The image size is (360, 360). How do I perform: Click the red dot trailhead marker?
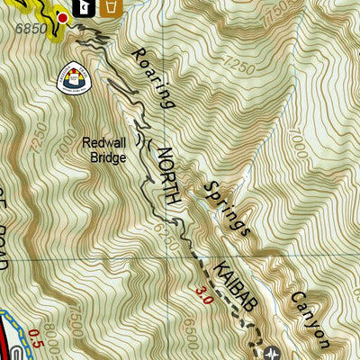click(x=63, y=17)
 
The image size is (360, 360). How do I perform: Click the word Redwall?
click(x=103, y=141)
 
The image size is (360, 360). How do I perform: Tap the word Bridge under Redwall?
click(x=107, y=157)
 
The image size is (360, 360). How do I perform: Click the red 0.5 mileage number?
click(x=35, y=337)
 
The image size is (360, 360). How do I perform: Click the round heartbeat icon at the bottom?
click(x=274, y=353)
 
